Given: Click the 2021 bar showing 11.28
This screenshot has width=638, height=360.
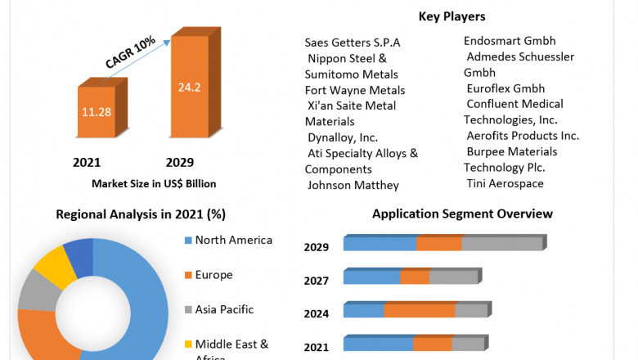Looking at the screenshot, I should [x=97, y=111].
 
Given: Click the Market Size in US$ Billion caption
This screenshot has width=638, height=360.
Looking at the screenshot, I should [x=154, y=183].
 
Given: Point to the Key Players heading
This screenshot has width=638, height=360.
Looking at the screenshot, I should [x=452, y=16].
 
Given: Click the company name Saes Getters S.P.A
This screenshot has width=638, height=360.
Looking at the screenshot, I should [x=353, y=43].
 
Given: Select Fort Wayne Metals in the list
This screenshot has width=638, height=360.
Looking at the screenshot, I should [x=355, y=90].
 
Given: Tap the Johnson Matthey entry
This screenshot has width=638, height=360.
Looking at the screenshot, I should [x=353, y=185].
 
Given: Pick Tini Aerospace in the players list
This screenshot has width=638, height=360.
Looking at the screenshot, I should [x=505, y=183].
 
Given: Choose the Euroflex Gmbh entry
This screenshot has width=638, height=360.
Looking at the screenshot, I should [x=505, y=88].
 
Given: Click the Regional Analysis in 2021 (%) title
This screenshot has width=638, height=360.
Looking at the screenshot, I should [x=141, y=214].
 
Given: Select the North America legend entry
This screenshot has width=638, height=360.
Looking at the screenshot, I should [x=233, y=241].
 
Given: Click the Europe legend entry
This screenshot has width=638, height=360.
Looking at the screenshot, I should [x=213, y=275].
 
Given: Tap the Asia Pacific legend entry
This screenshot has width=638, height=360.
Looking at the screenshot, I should [x=224, y=309].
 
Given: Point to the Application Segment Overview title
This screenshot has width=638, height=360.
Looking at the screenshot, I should [x=462, y=214].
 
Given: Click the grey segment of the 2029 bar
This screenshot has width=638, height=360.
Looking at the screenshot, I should [x=501, y=243].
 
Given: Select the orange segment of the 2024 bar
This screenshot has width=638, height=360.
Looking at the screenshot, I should [x=419, y=310].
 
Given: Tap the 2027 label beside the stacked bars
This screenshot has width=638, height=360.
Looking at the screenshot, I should [x=317, y=281].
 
